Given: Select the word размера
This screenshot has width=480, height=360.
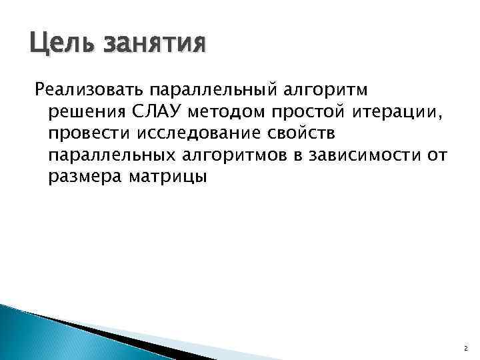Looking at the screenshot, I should (79, 177).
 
